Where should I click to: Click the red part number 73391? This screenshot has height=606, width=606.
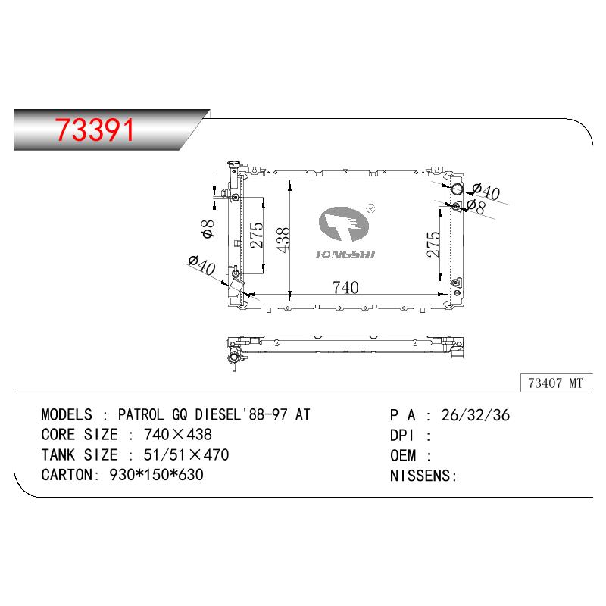(x=94, y=130)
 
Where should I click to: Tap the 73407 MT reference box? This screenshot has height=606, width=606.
(x=557, y=383)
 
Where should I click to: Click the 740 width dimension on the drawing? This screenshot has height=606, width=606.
(x=345, y=288)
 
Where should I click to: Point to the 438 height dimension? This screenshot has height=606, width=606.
(x=283, y=240)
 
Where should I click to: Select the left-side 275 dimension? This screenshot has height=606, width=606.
(x=256, y=235)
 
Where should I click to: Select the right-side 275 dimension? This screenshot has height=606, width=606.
(x=433, y=244)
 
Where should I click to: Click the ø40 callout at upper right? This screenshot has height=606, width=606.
(x=486, y=191)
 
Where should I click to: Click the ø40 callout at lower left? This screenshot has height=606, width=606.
(x=201, y=264)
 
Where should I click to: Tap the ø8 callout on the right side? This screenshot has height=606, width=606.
(x=476, y=207)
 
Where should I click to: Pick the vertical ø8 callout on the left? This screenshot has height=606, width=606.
(x=208, y=229)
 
